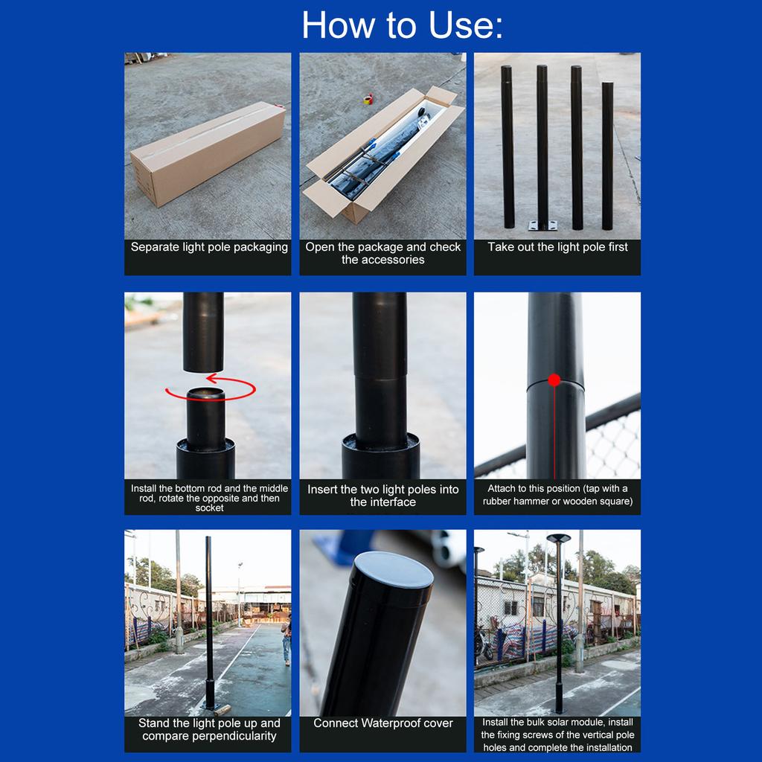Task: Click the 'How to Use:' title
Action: [402, 25]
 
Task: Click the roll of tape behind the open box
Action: [368, 99]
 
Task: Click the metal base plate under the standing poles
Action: [542, 225]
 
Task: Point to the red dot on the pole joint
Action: [554, 380]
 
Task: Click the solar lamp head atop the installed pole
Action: [558, 538]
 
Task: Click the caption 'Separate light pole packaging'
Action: [209, 247]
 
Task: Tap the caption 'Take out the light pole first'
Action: [557, 247]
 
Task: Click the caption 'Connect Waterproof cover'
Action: [382, 723]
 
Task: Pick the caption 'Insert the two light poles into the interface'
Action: [382, 496]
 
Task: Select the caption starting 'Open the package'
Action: [382, 253]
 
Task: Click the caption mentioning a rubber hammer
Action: [557, 495]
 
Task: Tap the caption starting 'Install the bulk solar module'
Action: [557, 734]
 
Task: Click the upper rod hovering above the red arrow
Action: [203, 330]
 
